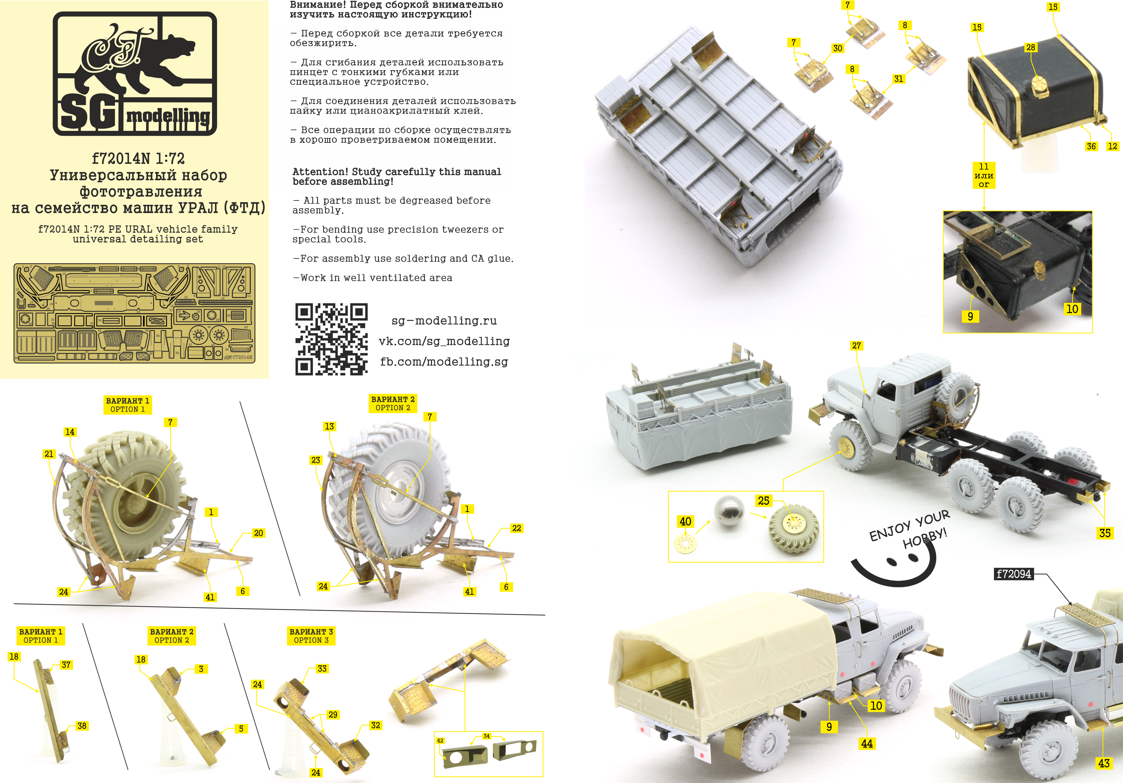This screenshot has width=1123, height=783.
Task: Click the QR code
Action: (x=331, y=339)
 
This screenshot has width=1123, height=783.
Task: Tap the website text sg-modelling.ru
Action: (x=444, y=320)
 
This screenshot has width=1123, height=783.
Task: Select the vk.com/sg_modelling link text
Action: (x=444, y=341)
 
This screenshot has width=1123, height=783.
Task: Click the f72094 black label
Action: (x=1013, y=574)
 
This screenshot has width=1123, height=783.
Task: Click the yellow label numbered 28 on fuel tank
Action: (x=1031, y=47)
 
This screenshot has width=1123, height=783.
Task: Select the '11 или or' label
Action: (x=984, y=175)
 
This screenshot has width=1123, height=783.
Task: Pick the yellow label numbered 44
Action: (x=867, y=743)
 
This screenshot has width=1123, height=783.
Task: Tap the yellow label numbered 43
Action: (x=1104, y=763)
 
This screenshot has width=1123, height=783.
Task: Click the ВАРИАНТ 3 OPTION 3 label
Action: (x=311, y=636)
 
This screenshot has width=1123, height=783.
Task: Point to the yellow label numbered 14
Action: (x=70, y=432)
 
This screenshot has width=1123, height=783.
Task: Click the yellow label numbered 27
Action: (x=856, y=346)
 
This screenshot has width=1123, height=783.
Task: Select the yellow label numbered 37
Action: (x=66, y=665)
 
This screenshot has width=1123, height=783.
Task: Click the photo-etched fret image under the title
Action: (x=134, y=313)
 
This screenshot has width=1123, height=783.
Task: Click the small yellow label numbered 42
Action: (x=440, y=741)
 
